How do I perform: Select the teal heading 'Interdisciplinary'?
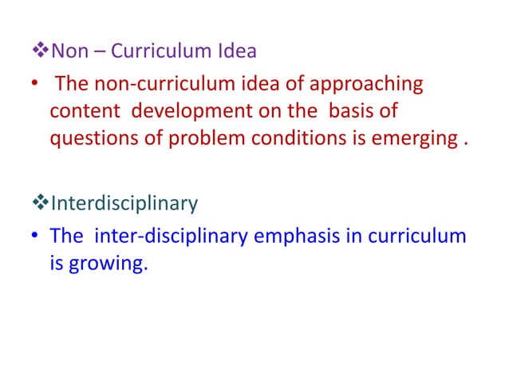(124, 204)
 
